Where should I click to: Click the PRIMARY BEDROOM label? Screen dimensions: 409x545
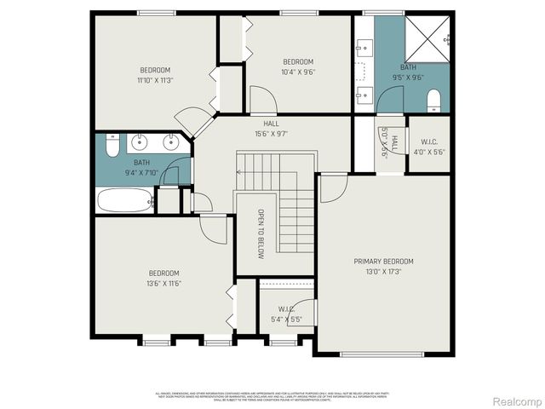tap(384, 261)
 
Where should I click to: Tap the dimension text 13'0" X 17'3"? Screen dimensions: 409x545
tap(384, 271)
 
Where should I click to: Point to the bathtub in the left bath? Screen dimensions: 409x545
tap(124, 200)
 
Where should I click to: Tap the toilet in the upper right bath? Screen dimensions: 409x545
tap(433, 100)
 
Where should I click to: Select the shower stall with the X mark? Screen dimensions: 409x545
tap(427, 38)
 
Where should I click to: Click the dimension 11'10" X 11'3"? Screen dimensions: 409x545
tap(155, 80)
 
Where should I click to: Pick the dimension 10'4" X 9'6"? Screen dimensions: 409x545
tap(298, 72)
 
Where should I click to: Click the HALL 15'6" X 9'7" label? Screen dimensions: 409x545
tap(271, 129)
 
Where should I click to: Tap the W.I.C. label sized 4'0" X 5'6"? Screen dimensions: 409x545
tap(427, 147)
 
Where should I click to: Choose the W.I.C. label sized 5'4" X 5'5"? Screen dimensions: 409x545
tap(285, 314)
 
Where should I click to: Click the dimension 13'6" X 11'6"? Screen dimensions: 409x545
tap(164, 283)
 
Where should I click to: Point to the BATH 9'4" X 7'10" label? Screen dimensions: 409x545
tap(141, 168)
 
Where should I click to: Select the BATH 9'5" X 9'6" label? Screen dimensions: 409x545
tap(409, 72)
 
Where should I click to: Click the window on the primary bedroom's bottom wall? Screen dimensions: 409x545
tap(385, 354)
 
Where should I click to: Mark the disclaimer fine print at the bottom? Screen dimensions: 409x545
tap(272, 395)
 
